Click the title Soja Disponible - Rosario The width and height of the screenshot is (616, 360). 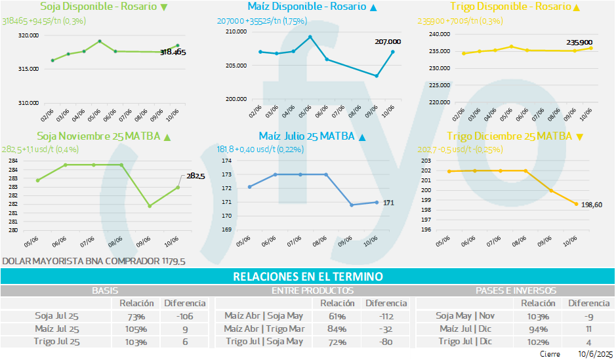98,7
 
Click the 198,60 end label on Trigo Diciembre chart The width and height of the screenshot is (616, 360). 593,205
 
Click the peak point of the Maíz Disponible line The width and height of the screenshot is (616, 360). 310,37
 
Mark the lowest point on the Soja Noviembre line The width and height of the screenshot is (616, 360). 150,206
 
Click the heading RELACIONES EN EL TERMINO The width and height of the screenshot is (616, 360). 308,277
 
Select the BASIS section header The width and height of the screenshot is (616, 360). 105,290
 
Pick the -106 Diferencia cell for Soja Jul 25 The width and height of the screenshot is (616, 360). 184,315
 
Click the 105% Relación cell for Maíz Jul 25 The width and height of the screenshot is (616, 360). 137,329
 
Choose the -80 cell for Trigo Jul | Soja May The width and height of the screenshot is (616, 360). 386,341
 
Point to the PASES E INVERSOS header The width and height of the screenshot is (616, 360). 516,290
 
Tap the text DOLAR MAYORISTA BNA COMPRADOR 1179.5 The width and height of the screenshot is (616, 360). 94,261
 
